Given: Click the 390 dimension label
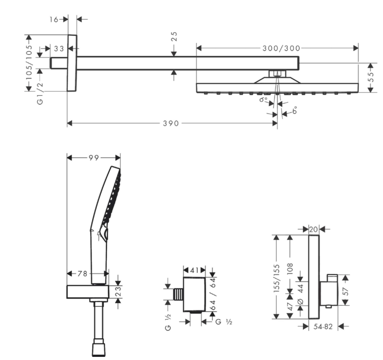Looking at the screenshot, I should point(171,123).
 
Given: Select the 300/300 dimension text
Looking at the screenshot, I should point(281,48).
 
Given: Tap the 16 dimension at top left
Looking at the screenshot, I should point(54,19).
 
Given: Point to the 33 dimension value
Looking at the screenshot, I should point(58,49).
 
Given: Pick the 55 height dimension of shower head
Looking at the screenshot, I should point(371,78).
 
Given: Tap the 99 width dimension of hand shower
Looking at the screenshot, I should point(94,157).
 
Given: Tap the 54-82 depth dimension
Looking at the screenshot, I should point(323,326).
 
